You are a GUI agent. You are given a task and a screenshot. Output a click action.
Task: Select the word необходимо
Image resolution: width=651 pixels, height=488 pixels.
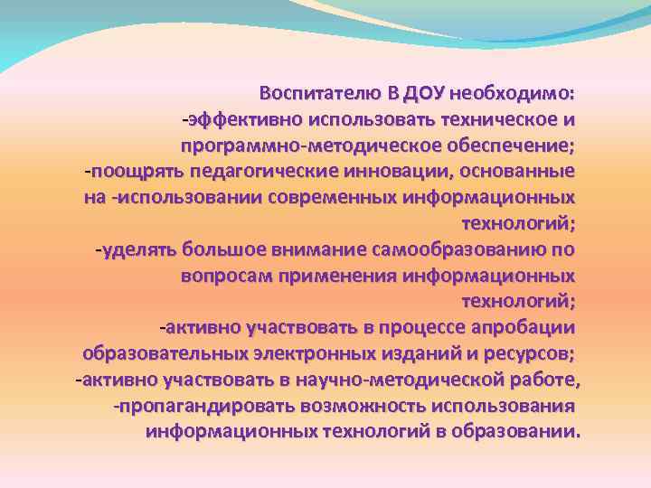[513, 93]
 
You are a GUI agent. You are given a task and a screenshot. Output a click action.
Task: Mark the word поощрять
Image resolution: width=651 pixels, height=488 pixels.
[125, 171]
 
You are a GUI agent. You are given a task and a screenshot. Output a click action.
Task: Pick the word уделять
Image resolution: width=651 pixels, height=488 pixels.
[138, 249]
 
